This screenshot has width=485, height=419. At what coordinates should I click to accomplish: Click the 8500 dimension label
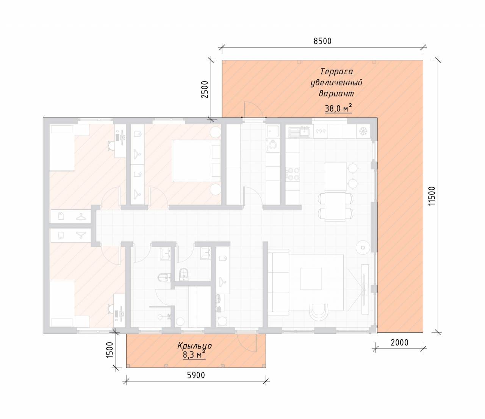[x=322, y=41]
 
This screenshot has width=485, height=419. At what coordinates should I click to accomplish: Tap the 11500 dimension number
[x=432, y=196]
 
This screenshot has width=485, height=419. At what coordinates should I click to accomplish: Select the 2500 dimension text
[x=205, y=89]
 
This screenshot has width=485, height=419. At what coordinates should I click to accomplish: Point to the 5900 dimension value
[x=196, y=375]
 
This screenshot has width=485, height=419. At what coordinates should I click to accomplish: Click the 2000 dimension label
[x=399, y=343]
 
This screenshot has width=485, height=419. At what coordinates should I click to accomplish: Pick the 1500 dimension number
[x=110, y=350]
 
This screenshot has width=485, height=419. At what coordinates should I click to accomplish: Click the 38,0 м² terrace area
[x=338, y=108]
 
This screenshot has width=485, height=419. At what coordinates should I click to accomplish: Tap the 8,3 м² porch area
[x=194, y=355]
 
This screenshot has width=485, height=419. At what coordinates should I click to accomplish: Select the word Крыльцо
[x=194, y=346]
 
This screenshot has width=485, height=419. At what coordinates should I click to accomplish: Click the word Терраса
[x=336, y=71]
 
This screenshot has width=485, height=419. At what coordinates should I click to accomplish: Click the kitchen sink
[x=300, y=132]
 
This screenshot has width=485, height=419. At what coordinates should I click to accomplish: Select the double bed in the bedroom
[x=196, y=161]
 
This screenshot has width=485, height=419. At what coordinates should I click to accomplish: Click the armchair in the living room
[x=319, y=311]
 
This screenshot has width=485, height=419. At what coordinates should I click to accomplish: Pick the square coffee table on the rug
[x=311, y=279]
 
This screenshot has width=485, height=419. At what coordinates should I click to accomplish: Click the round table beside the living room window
[x=363, y=248]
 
